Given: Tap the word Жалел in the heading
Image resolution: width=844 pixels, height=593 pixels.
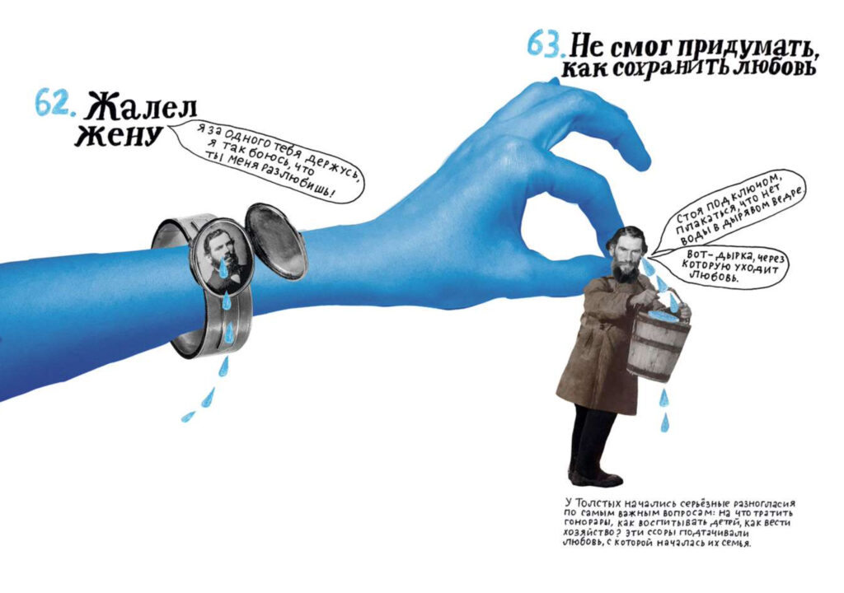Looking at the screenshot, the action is click(141, 107).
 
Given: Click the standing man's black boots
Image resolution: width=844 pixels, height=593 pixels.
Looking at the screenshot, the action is click(595, 475).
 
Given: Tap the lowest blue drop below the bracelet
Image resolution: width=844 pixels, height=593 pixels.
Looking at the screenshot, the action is click(187, 417).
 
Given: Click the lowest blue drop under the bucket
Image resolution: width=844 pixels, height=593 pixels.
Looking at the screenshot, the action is click(665, 423).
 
